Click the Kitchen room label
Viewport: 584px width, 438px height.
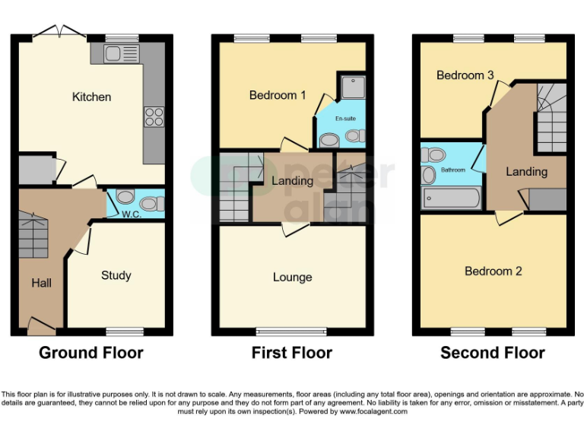click(x=91, y=97)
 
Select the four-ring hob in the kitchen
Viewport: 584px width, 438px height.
click(x=154, y=116)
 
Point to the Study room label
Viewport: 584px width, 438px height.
click(x=116, y=275)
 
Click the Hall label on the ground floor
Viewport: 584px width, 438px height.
click(x=42, y=283)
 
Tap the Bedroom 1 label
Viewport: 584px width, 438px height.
click(x=278, y=95)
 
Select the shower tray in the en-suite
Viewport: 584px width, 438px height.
click(x=352, y=88)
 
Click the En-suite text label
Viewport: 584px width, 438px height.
click(x=345, y=119)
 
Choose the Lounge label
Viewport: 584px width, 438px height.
click(x=292, y=277)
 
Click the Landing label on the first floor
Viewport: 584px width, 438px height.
click(x=292, y=181)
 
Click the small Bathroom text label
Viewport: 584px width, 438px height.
click(x=453, y=170)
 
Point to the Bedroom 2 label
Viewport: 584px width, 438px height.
click(x=494, y=271)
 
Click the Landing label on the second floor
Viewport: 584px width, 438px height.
click(x=526, y=172)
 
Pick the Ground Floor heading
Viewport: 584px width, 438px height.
click(x=91, y=353)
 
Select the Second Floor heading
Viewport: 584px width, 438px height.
click(x=493, y=353)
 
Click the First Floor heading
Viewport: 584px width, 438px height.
click(x=292, y=353)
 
